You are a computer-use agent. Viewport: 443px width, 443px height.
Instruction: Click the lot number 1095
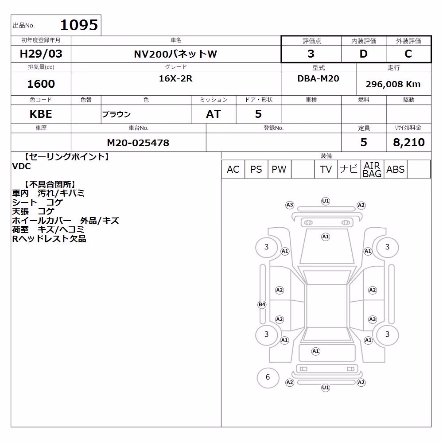point(79,25)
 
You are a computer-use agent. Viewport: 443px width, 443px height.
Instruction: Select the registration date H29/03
point(41,54)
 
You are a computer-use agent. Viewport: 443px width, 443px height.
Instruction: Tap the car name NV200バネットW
point(175,54)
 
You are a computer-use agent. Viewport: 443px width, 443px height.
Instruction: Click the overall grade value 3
point(311,54)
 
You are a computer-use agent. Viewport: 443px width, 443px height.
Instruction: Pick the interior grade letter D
point(363,54)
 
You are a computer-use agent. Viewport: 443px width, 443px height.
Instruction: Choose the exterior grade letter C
point(408,54)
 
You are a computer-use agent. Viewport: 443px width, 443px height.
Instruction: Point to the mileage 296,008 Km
point(393,84)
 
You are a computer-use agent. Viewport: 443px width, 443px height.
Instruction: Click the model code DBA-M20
point(318,78)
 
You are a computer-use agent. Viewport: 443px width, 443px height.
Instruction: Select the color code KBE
point(41,114)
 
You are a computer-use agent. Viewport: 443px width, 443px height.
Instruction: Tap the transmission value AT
point(214,114)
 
